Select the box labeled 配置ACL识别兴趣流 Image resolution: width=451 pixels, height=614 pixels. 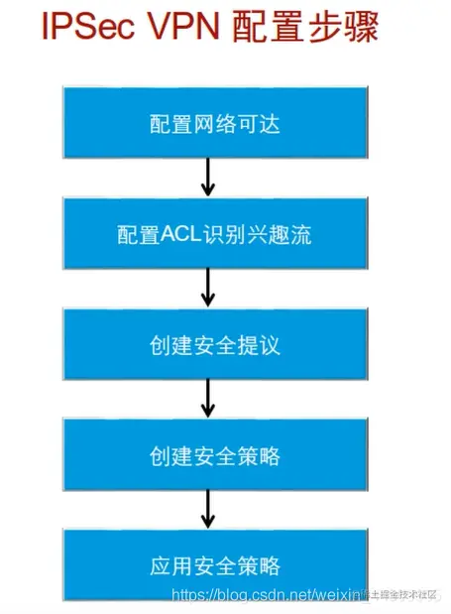coord(206,235)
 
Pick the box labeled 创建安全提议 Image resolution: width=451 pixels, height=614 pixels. coord(206,346)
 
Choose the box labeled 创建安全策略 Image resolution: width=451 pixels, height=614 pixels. coord(206,456)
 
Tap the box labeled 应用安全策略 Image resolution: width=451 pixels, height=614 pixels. coord(206,566)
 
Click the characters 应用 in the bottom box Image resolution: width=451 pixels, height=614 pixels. coord(165,566)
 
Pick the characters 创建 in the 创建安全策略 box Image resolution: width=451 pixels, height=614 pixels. coord(165,456)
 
